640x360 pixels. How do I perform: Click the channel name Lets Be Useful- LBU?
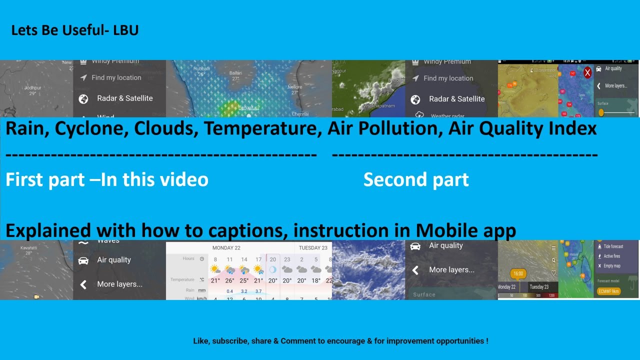pos(74,30)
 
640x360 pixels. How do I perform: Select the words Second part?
pos(416,180)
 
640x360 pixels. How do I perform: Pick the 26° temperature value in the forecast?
pos(229,280)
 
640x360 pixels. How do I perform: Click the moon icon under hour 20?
pos(273,269)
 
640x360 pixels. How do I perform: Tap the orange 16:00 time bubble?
pos(518,273)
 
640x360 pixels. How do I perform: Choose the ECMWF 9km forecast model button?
pos(608,291)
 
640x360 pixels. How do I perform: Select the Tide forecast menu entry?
pos(613,246)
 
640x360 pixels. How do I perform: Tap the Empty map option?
pos(611,266)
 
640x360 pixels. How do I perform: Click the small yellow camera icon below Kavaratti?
pos(36,296)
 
